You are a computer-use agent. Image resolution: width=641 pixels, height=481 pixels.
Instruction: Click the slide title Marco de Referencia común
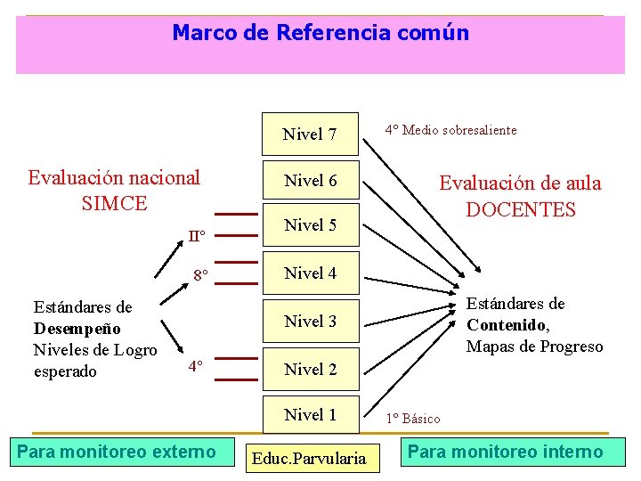coord(320,34)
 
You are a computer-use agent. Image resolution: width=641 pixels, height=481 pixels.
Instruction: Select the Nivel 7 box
coord(310,135)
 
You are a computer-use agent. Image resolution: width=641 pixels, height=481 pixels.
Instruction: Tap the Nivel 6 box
coord(310,181)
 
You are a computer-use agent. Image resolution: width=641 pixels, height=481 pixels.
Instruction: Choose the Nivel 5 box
coord(310,226)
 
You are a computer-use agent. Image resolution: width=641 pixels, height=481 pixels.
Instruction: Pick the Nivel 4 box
coord(310,273)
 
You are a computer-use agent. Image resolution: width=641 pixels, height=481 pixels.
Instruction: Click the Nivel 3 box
coord(310,321)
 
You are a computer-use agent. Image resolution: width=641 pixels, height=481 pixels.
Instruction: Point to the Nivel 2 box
coord(310,369)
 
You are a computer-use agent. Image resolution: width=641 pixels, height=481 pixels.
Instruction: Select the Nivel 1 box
coord(310,414)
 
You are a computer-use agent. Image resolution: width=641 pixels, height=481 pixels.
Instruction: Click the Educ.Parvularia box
coord(309,459)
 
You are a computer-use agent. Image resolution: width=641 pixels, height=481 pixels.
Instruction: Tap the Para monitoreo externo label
coord(117,452)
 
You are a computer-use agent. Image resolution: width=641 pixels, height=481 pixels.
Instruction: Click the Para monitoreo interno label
coord(505,452)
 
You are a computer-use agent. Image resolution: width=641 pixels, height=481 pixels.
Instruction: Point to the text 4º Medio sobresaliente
coord(450,130)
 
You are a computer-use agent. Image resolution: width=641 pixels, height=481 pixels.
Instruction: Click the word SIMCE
coord(114,203)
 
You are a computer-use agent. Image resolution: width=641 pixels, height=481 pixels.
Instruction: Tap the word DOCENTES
coord(521,210)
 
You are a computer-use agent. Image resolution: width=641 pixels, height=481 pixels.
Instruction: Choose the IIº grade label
coord(197,236)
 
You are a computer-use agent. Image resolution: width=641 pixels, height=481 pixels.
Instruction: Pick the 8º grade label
coord(200,275)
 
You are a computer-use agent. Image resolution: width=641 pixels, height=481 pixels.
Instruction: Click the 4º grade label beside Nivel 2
coord(196,366)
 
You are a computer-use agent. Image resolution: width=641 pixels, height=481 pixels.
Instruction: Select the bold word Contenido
coord(507,325)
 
